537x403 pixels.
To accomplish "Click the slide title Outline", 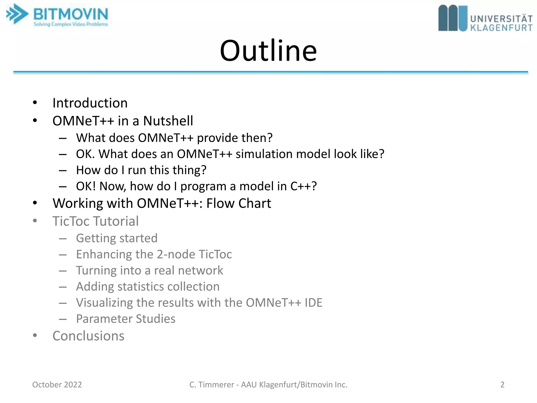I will coord(268,50).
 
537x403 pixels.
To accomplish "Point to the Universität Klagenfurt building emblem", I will coord(453,18).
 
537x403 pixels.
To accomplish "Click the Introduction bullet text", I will coord(90,103).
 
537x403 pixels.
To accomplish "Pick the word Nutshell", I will coord(168,121).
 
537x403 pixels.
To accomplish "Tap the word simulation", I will coord(264,154).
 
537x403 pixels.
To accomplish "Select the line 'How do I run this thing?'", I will coord(141,170).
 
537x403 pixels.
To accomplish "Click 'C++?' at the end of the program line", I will coord(303,186).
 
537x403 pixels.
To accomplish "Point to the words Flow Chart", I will coord(239,203).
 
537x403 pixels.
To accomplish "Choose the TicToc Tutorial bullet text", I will coord(95,221).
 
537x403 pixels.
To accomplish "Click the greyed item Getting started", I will coord(117,238).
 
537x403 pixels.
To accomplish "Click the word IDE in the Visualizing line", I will coord(313,303).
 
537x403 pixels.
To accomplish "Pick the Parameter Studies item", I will coord(126,319).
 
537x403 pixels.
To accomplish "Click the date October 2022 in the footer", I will coord(57,385).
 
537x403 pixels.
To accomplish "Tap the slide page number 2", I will coord(502,385).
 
